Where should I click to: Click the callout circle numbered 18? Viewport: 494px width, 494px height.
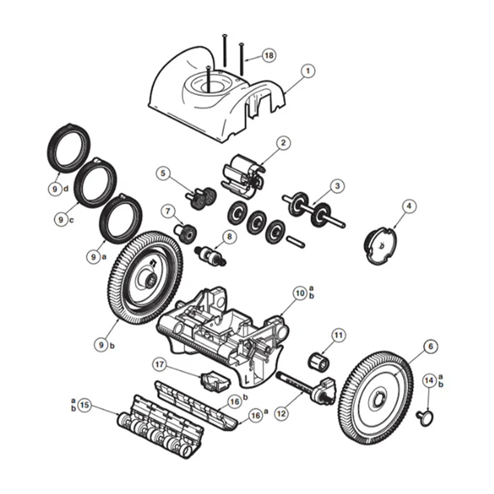(x=269, y=55)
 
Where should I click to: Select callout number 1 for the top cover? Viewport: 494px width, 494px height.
(x=308, y=71)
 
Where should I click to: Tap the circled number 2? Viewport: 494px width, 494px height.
(x=283, y=143)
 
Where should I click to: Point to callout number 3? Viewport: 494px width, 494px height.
(x=337, y=186)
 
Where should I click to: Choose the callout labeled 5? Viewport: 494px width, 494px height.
(x=163, y=173)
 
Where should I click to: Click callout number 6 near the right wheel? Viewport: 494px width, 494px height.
(x=431, y=346)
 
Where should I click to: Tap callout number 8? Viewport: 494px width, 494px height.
(x=229, y=237)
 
